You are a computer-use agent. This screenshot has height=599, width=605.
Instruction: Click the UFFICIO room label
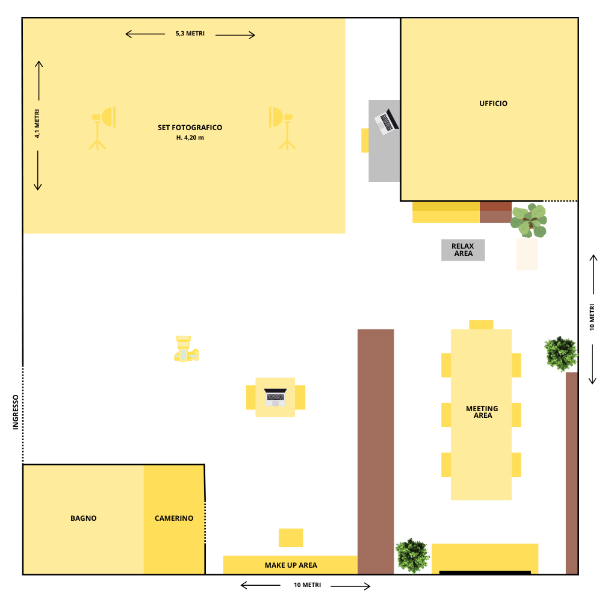pyautogui.click(x=493, y=104)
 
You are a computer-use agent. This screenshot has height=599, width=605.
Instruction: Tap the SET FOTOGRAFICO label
pyautogui.click(x=190, y=128)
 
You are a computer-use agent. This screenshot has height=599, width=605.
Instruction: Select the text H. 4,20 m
pyautogui.click(x=190, y=138)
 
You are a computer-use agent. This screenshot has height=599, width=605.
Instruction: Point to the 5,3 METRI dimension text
pyautogui.click(x=190, y=34)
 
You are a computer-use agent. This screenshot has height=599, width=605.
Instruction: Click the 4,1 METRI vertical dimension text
pyautogui.click(x=37, y=123)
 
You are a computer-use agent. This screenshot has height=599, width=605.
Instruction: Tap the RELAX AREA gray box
pyautogui.click(x=463, y=250)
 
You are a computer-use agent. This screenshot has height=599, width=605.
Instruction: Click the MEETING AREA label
pyautogui.click(x=482, y=412)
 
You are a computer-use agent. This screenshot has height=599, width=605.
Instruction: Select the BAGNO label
pyautogui.click(x=83, y=518)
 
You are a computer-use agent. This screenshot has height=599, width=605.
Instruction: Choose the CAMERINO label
pyautogui.click(x=174, y=518)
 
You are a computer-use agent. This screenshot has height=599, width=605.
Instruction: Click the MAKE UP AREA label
pyautogui.click(x=291, y=565)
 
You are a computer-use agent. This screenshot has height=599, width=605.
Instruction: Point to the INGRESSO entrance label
pyautogui.click(x=16, y=412)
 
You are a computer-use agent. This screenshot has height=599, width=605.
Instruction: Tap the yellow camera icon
pyautogui.click(x=187, y=349)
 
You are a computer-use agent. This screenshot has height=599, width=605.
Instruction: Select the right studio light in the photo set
pyautogui.click(x=282, y=128)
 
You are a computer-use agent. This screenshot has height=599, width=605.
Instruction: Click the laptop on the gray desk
pyautogui.click(x=386, y=122)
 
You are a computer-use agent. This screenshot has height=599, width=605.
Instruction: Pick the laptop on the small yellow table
pyautogui.click(x=275, y=397)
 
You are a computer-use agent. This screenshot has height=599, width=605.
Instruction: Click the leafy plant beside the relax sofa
pyautogui.click(x=529, y=220)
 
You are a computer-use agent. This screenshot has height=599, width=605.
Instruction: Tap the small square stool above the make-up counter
pyautogui.click(x=291, y=538)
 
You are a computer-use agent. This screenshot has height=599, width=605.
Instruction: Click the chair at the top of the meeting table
pyautogui.click(x=481, y=324)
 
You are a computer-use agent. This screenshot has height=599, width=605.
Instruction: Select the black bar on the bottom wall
pyautogui.click(x=485, y=573)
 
